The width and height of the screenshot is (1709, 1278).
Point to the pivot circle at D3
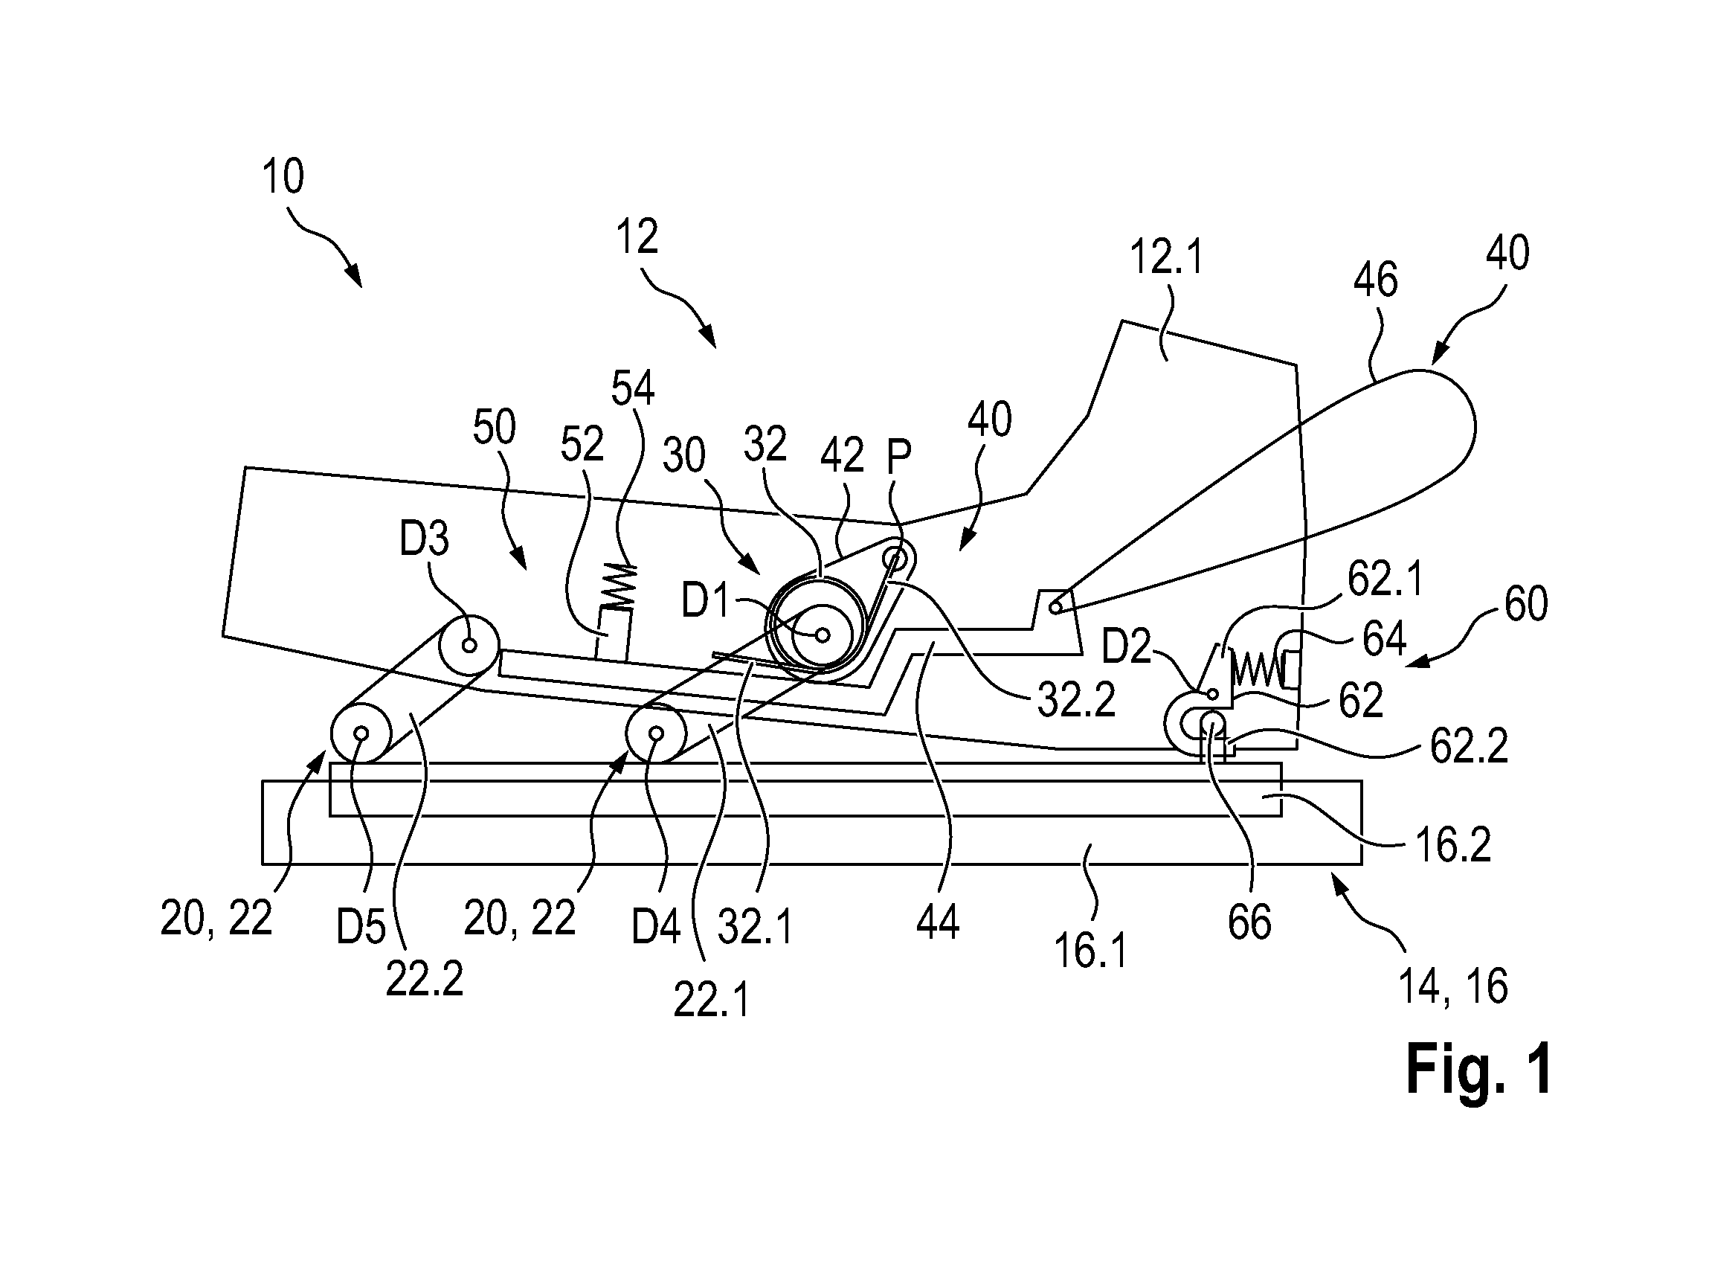(x=469, y=644)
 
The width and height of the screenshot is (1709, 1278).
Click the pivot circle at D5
(x=361, y=733)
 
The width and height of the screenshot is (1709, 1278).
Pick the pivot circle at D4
(x=656, y=733)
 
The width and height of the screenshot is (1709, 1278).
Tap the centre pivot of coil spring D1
(x=823, y=635)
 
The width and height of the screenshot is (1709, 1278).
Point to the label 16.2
(x=1453, y=847)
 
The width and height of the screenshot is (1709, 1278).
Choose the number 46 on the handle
(x=1375, y=280)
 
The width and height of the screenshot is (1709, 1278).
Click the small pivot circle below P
(x=895, y=558)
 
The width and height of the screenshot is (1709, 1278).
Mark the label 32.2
(x=1075, y=701)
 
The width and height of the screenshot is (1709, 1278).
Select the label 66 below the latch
(x=1249, y=922)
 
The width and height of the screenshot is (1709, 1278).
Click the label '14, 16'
(x=1452, y=986)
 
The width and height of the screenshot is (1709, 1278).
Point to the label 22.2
(x=424, y=980)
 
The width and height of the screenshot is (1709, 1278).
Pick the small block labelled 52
(x=614, y=635)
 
